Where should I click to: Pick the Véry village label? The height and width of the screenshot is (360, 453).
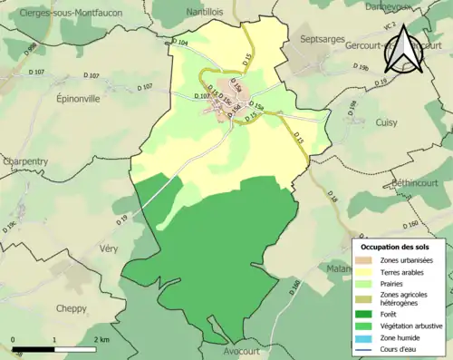(x=107, y=248)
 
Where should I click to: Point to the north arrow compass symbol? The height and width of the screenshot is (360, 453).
(x=401, y=49)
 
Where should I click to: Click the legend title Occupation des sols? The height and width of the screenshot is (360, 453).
(x=395, y=247)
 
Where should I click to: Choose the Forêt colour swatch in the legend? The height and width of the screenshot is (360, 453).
(x=368, y=316)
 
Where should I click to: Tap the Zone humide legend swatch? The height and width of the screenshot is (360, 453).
(x=368, y=338)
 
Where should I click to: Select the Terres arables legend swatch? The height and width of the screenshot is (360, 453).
(x=368, y=270)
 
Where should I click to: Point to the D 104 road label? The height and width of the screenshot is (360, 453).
(x=180, y=42)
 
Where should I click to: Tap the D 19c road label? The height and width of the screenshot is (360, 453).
(x=13, y=221)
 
